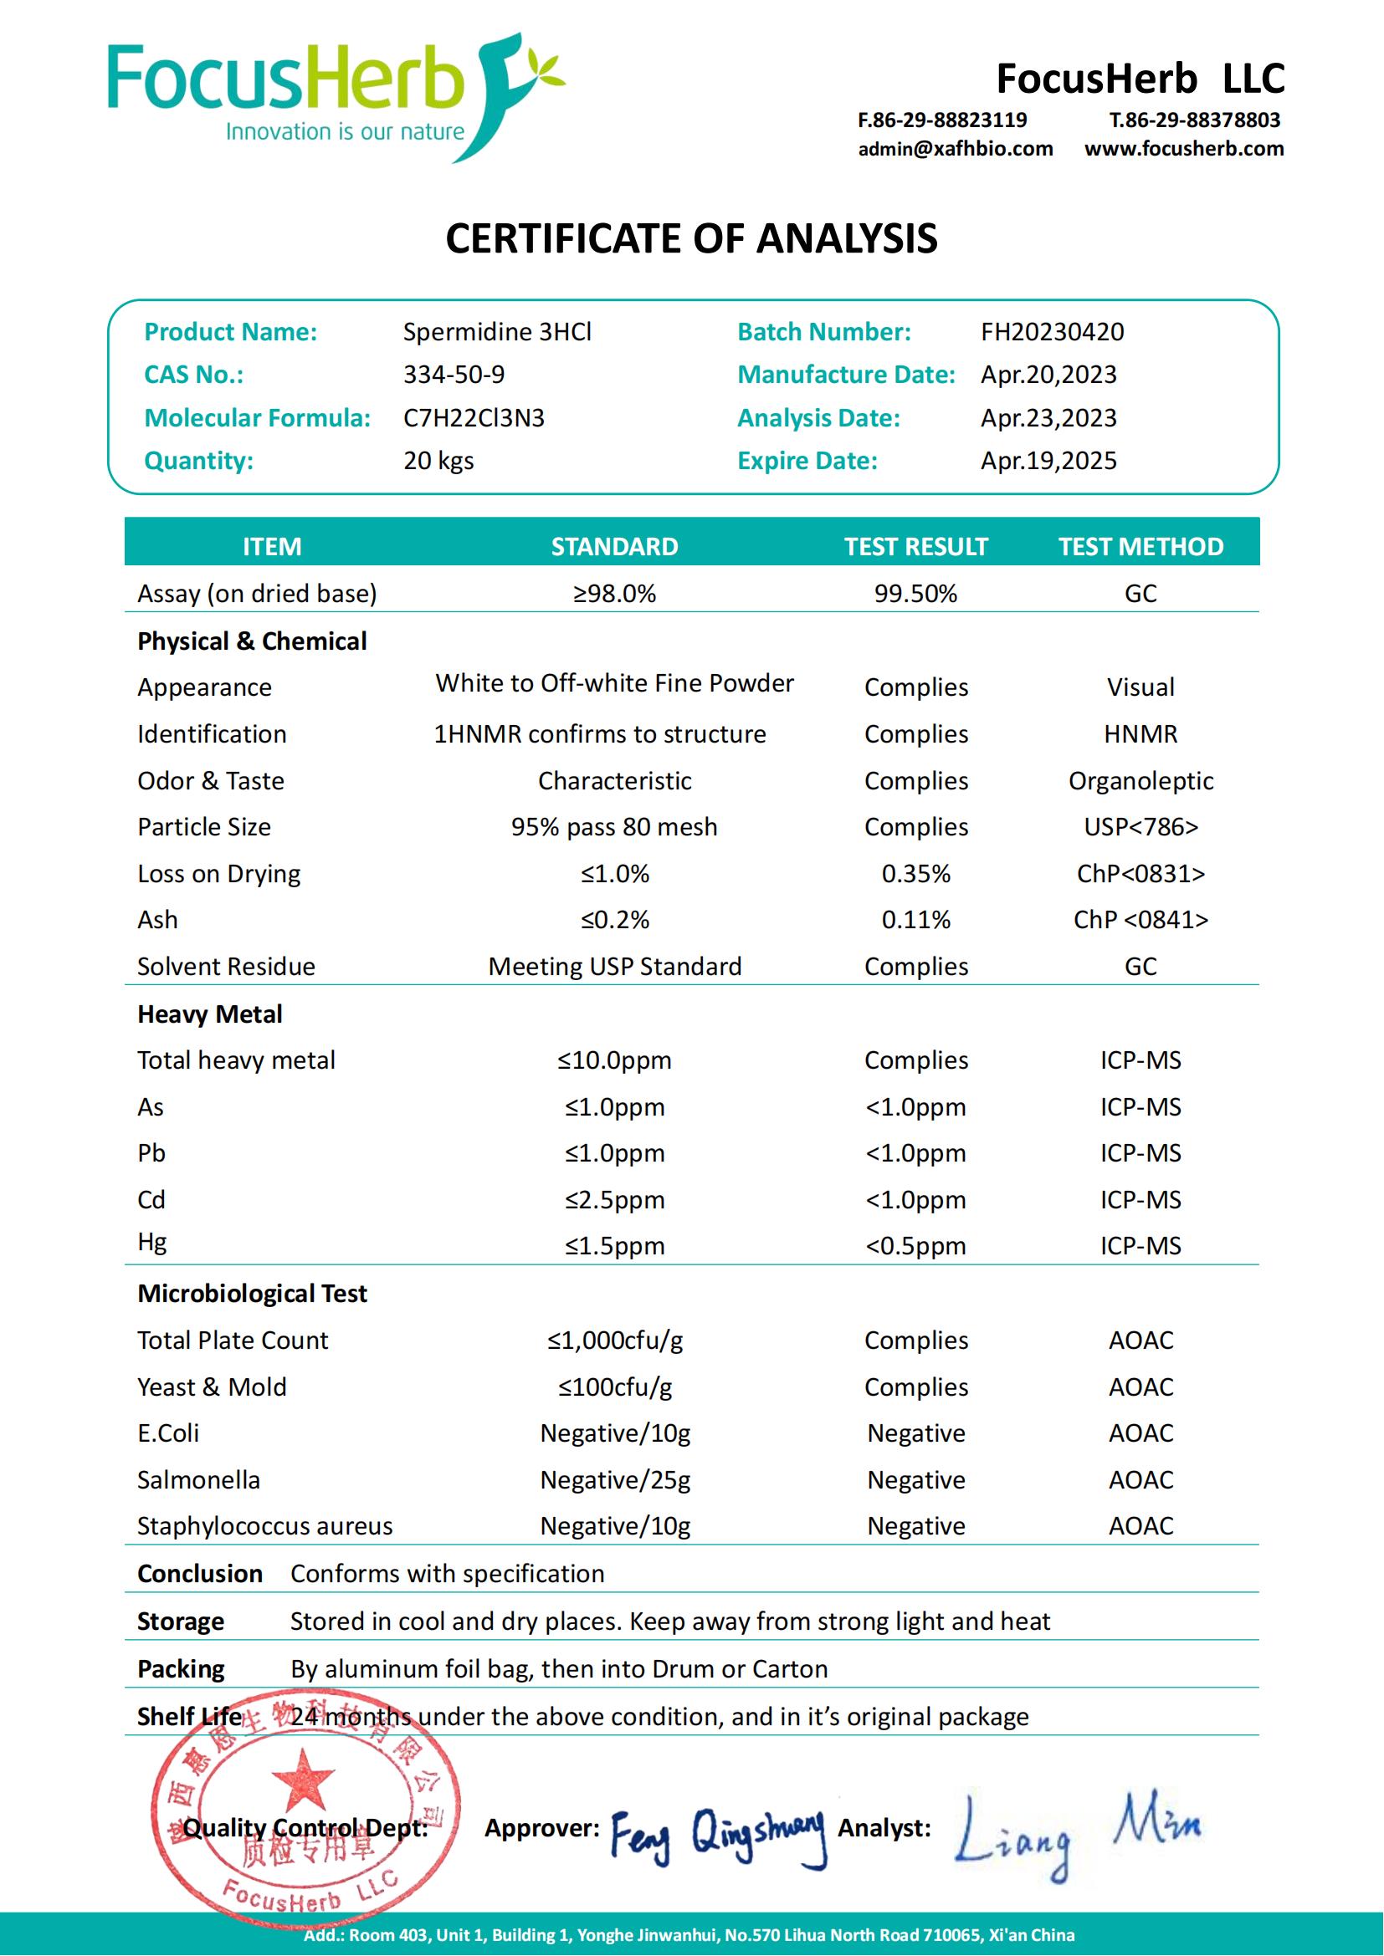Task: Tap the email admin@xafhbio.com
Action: point(955,149)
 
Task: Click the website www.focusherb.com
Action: point(1184,149)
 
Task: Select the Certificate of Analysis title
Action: point(691,238)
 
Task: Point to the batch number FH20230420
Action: point(1052,331)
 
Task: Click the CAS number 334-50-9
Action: point(454,374)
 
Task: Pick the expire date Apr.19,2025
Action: point(1048,460)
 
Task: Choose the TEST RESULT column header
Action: point(915,546)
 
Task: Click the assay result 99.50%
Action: point(915,593)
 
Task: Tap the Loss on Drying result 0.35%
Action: point(915,873)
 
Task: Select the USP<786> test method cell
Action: point(1141,826)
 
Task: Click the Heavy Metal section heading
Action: point(210,1014)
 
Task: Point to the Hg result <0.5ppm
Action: point(915,1245)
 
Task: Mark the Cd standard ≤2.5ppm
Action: point(613,1199)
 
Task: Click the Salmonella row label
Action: point(198,1480)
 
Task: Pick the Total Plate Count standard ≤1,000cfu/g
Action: point(614,1340)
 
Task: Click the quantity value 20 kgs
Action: point(438,460)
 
